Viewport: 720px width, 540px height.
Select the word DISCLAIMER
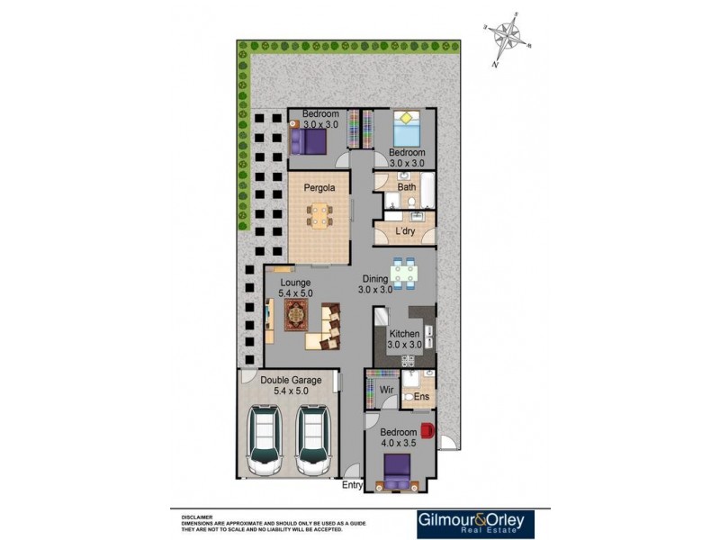196,517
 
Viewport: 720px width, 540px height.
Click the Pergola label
319,188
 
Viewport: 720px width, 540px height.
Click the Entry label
352,486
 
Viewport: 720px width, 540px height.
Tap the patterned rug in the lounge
298,315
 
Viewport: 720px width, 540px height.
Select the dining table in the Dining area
404,271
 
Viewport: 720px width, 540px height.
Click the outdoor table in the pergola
319,216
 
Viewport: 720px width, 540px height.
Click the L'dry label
406,232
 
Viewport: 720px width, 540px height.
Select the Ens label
421,396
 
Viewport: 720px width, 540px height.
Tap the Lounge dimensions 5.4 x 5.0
295,292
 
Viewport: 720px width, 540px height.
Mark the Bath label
407,187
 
